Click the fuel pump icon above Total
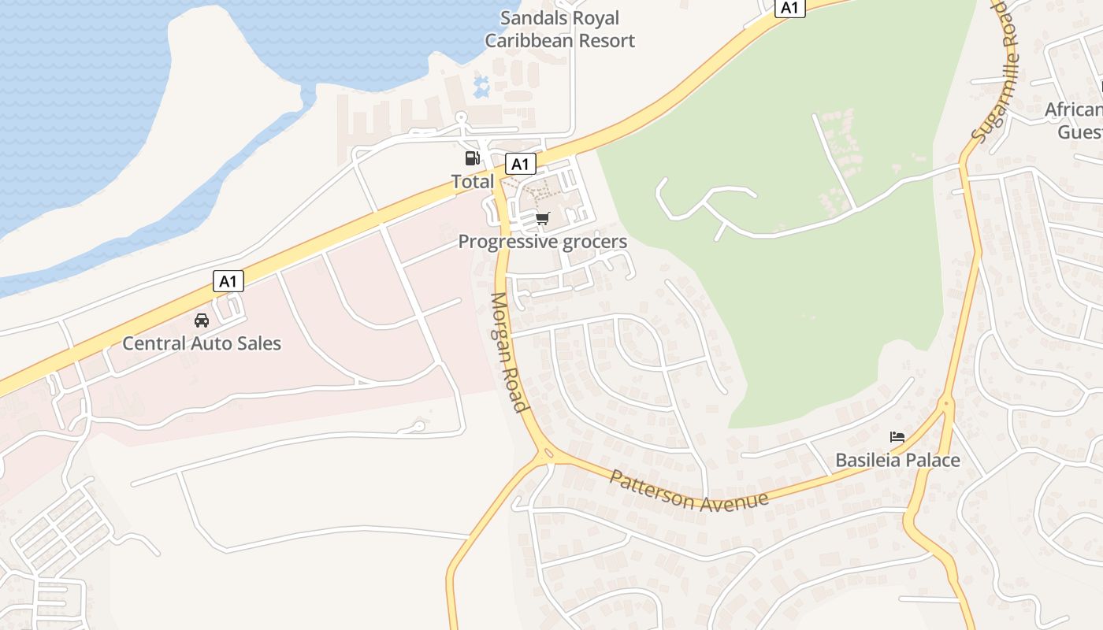[472, 158]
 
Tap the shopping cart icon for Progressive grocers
[542, 218]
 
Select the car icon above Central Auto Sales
[202, 321]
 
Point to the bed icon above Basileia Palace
[897, 437]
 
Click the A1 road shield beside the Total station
[519, 164]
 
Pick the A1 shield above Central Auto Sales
[228, 281]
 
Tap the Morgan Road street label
[509, 352]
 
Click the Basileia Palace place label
[897, 460]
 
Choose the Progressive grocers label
[543, 242]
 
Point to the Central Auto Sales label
[202, 343]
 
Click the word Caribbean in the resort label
[531, 41]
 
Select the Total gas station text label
[473, 182]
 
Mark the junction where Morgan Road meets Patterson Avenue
[545, 454]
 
